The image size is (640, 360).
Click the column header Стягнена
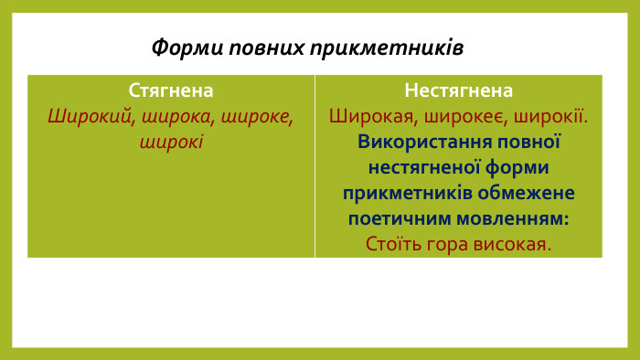point(171,90)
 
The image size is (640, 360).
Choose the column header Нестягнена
point(459,90)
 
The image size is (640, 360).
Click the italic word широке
point(261,117)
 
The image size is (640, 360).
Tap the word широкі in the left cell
point(171,143)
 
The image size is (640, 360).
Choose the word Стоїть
point(391,245)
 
